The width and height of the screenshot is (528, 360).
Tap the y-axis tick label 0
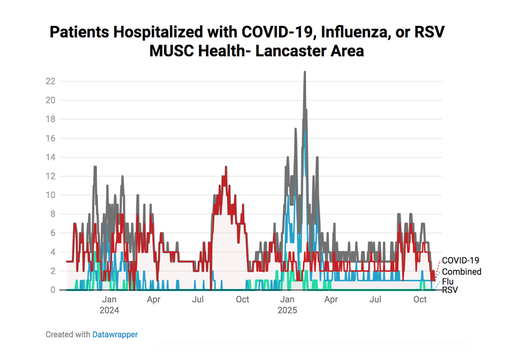[53, 290]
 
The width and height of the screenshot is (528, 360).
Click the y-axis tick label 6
[53, 233]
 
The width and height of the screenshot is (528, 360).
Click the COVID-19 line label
[460, 260]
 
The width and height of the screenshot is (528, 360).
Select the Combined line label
[461, 272]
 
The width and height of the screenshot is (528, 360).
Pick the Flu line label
[447, 281]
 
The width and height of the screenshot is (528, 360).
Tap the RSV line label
[449, 290]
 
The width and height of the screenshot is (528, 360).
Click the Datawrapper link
[115, 334]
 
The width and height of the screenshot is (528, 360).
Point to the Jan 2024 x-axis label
[109, 305]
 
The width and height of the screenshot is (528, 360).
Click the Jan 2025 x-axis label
[287, 305]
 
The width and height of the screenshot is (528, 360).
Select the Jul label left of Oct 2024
[198, 300]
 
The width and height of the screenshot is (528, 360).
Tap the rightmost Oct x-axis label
[420, 300]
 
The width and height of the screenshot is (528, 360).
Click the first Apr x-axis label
[154, 300]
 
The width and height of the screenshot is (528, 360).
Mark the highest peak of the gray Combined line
[305, 72]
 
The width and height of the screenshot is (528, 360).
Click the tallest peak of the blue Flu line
[305, 130]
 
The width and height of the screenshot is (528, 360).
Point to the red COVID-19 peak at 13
[226, 167]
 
